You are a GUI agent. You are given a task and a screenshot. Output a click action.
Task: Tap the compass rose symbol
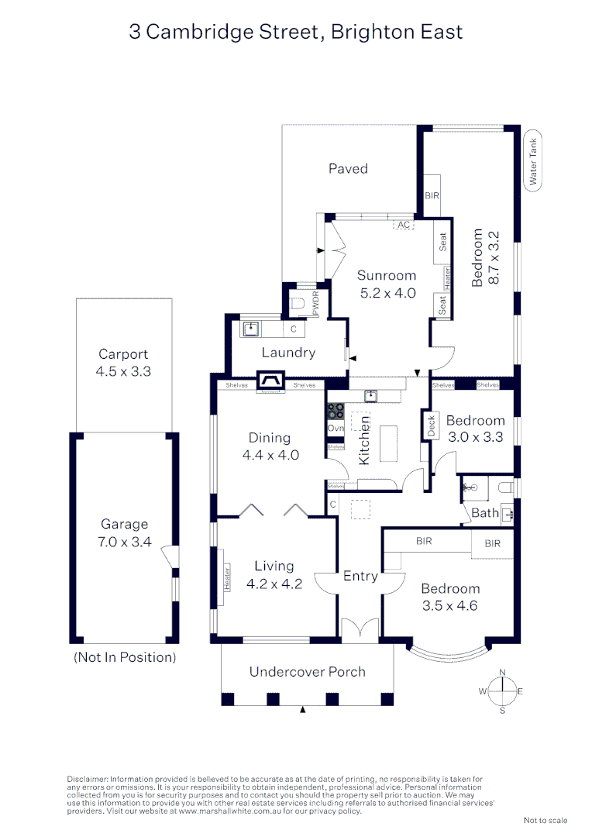(502, 691)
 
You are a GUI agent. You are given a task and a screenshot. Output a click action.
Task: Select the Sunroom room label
(387, 275)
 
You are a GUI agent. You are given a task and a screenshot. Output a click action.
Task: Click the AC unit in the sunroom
(403, 225)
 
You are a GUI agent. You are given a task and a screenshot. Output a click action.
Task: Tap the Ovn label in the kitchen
(336, 429)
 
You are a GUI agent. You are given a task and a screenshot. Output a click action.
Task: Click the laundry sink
(250, 329)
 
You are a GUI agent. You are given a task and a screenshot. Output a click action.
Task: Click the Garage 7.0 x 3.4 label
(125, 533)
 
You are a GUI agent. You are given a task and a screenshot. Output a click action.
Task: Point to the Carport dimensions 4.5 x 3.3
(124, 371)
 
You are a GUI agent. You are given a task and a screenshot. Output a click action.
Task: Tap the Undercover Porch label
(307, 671)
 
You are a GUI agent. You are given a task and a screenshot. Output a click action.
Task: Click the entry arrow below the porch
(303, 710)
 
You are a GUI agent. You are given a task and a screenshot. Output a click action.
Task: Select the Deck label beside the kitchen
(431, 425)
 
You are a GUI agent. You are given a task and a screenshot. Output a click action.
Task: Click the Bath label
(485, 513)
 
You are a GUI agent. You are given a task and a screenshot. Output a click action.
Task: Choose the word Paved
(348, 168)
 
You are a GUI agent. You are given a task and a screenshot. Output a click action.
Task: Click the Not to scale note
(546, 820)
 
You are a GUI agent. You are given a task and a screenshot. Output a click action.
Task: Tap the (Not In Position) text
(125, 656)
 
